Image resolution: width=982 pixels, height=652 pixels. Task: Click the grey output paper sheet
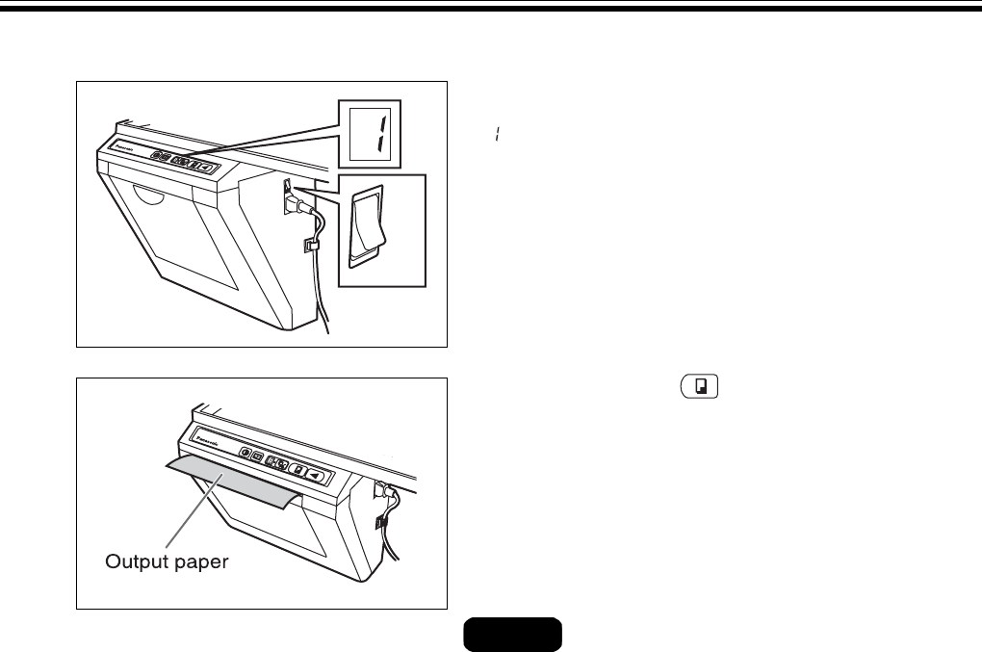coord(230,487)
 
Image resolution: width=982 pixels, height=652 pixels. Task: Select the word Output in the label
coord(137,561)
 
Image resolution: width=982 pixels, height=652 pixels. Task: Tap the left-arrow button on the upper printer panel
coord(205,167)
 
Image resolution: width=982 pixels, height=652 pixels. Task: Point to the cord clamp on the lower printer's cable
coord(380,525)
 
